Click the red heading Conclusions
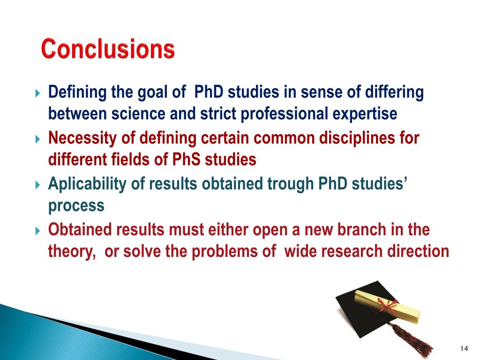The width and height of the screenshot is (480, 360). pos(108,48)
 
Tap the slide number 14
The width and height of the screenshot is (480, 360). pos(464,348)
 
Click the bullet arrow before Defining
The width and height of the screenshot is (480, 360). pos(37,93)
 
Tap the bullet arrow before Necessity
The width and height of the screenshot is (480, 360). pos(37,139)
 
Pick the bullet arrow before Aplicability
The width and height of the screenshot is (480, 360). pos(37,185)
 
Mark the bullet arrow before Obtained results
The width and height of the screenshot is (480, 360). pos(37,231)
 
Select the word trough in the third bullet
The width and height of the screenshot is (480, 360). pos(290,184)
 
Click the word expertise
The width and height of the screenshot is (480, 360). pos(365,114)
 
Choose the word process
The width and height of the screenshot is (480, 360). pos(76,206)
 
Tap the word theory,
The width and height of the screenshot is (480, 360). pos(72,252)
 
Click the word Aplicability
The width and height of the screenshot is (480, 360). pos(87,184)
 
